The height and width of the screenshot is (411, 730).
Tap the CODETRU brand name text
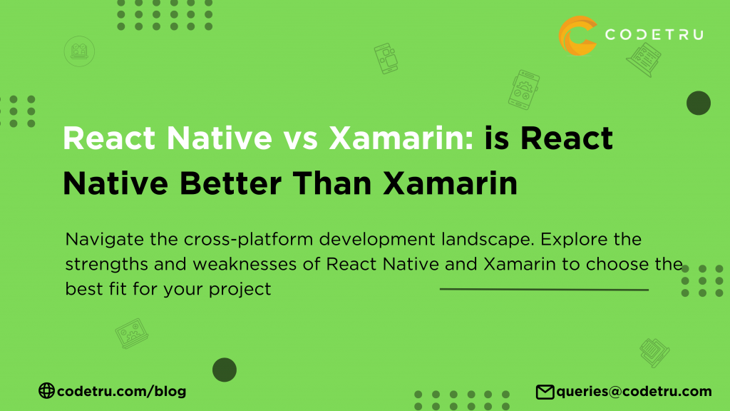click(x=653, y=34)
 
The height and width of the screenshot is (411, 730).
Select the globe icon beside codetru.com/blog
click(x=46, y=390)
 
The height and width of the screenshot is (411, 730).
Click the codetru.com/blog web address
click(x=120, y=391)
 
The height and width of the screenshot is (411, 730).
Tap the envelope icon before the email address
click(x=545, y=391)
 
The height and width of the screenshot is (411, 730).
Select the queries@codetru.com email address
click(x=634, y=391)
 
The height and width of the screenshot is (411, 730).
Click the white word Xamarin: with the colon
click(x=403, y=138)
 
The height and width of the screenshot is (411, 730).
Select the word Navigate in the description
click(x=97, y=238)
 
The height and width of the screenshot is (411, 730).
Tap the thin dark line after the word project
click(x=543, y=290)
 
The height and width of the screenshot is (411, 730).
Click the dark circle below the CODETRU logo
click(x=698, y=103)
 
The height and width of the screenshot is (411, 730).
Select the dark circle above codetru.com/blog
click(x=225, y=369)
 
